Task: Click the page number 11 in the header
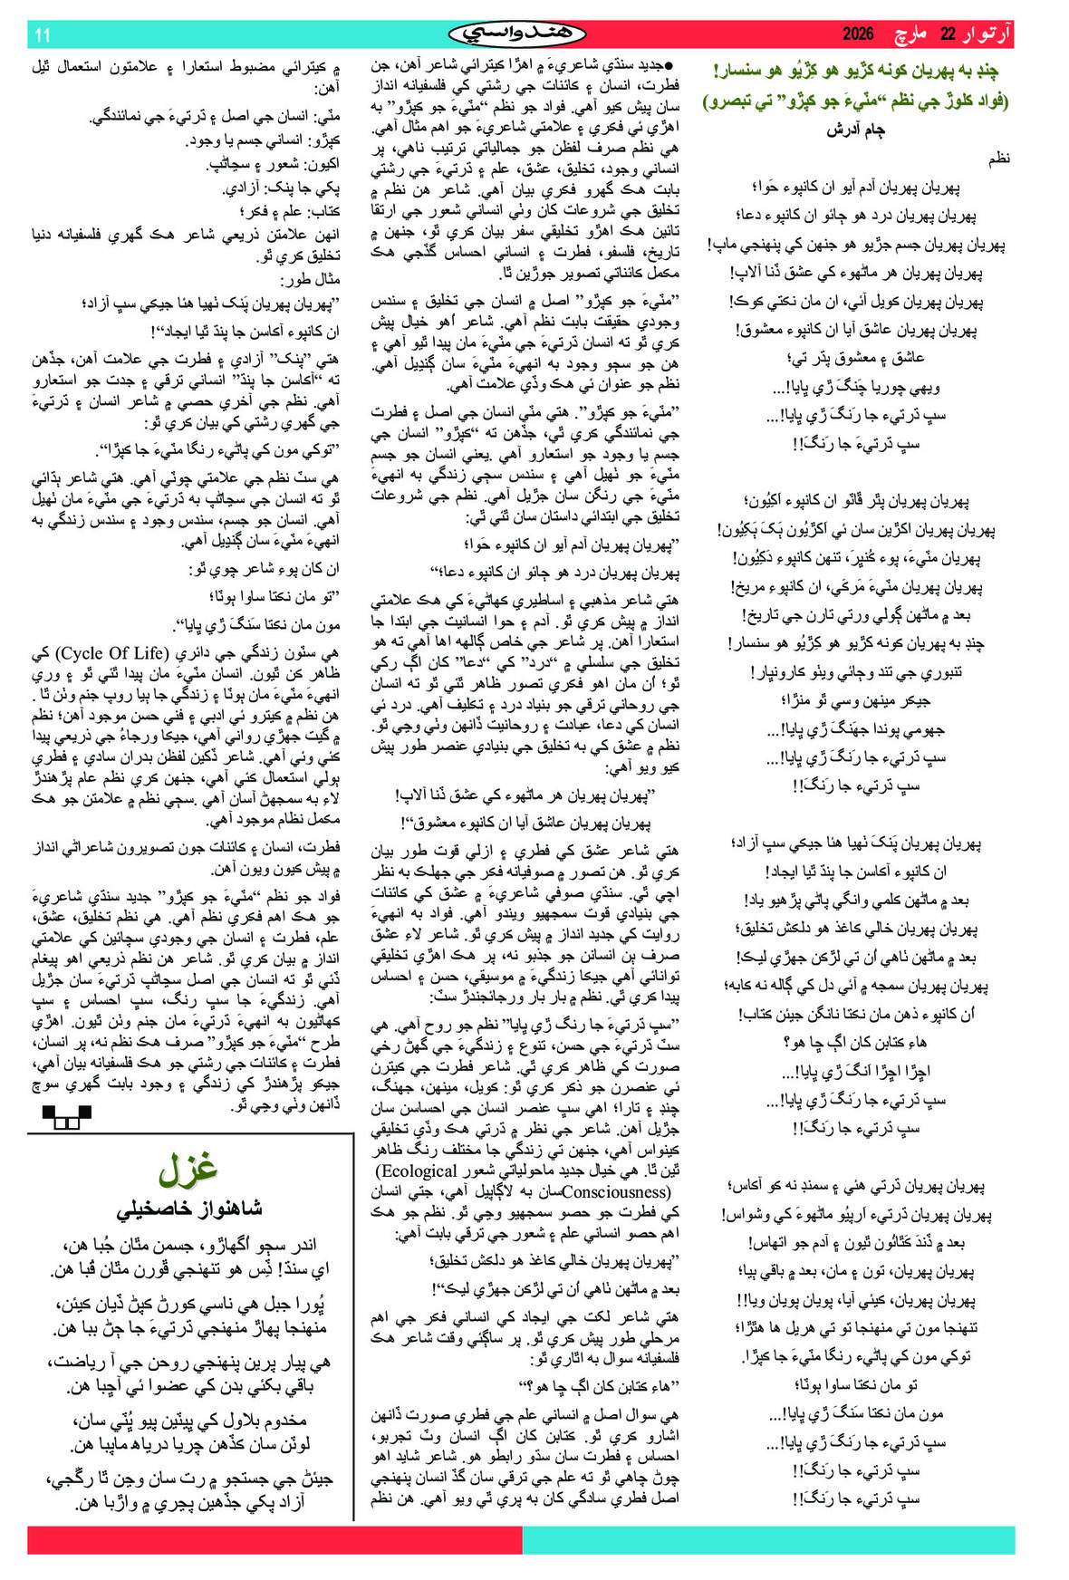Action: pyautogui.click(x=43, y=35)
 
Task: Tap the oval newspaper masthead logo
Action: pyautogui.click(x=517, y=34)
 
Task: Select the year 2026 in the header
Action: pyautogui.click(x=858, y=34)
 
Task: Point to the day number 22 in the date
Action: pyautogui.click(x=948, y=34)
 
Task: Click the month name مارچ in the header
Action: pyautogui.click(x=909, y=34)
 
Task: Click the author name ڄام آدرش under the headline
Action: pyautogui.click(x=855, y=130)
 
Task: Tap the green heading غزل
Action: pyautogui.click(x=188, y=1170)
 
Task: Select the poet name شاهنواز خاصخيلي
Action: pyautogui.click(x=188, y=1209)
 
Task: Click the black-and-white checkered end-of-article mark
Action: pyautogui.click(x=67, y=1117)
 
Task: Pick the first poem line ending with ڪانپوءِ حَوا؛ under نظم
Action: pyautogui.click(x=855, y=188)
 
